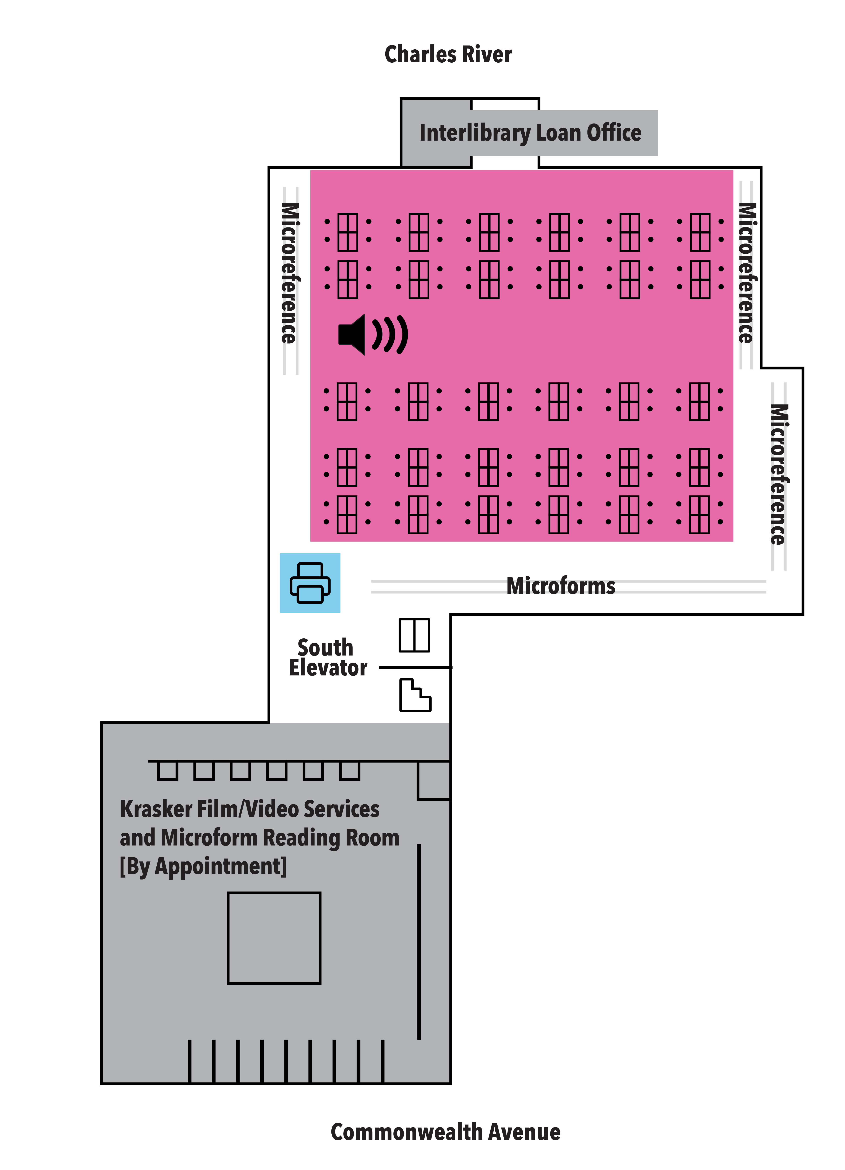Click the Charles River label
pos(448,54)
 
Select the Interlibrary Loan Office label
pos(530,133)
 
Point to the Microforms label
pos(561,586)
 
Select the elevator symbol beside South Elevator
pos(414,635)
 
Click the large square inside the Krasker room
pos(274,938)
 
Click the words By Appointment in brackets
pos(203,866)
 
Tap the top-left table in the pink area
pos(348,232)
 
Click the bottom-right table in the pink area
pos(699,514)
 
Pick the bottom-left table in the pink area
pos(347,514)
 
